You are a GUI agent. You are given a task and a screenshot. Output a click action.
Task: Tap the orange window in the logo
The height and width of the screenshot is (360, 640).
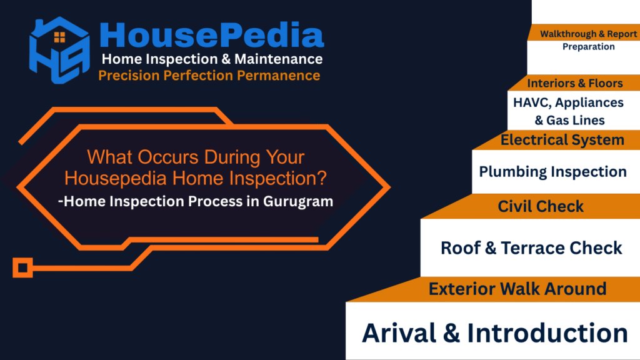pos(59,37)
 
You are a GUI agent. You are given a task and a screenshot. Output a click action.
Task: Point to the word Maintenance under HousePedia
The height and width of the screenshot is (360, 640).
pos(278,59)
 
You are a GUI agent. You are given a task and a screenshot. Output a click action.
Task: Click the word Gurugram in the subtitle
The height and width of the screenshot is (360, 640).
pos(298,202)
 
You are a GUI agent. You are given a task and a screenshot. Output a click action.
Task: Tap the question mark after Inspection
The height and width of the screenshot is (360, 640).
pos(322,178)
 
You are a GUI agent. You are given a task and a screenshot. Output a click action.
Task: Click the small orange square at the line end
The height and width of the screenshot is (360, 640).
pos(22,268)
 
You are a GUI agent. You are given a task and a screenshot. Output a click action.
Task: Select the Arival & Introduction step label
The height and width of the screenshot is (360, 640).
pos(495,332)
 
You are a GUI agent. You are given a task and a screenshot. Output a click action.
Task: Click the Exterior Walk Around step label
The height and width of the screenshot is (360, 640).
pos(517,289)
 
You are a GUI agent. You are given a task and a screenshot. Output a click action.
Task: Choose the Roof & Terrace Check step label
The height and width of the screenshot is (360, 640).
pos(531,248)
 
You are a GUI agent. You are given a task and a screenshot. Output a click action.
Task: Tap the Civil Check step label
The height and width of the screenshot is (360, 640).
pos(541,206)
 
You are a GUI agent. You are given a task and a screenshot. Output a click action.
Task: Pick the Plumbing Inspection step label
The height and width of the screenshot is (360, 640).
pos(552,172)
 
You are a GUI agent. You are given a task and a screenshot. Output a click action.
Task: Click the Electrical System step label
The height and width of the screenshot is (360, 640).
pos(562,140)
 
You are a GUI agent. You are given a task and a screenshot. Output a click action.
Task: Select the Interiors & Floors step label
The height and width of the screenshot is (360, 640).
pos(575,83)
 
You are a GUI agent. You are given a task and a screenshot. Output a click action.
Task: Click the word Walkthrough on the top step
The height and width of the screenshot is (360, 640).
pos(567,34)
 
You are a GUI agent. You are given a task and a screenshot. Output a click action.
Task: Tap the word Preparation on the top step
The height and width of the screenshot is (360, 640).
pos(589,47)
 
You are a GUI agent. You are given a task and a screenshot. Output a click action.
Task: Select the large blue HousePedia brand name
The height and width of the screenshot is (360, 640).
pos(211,35)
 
